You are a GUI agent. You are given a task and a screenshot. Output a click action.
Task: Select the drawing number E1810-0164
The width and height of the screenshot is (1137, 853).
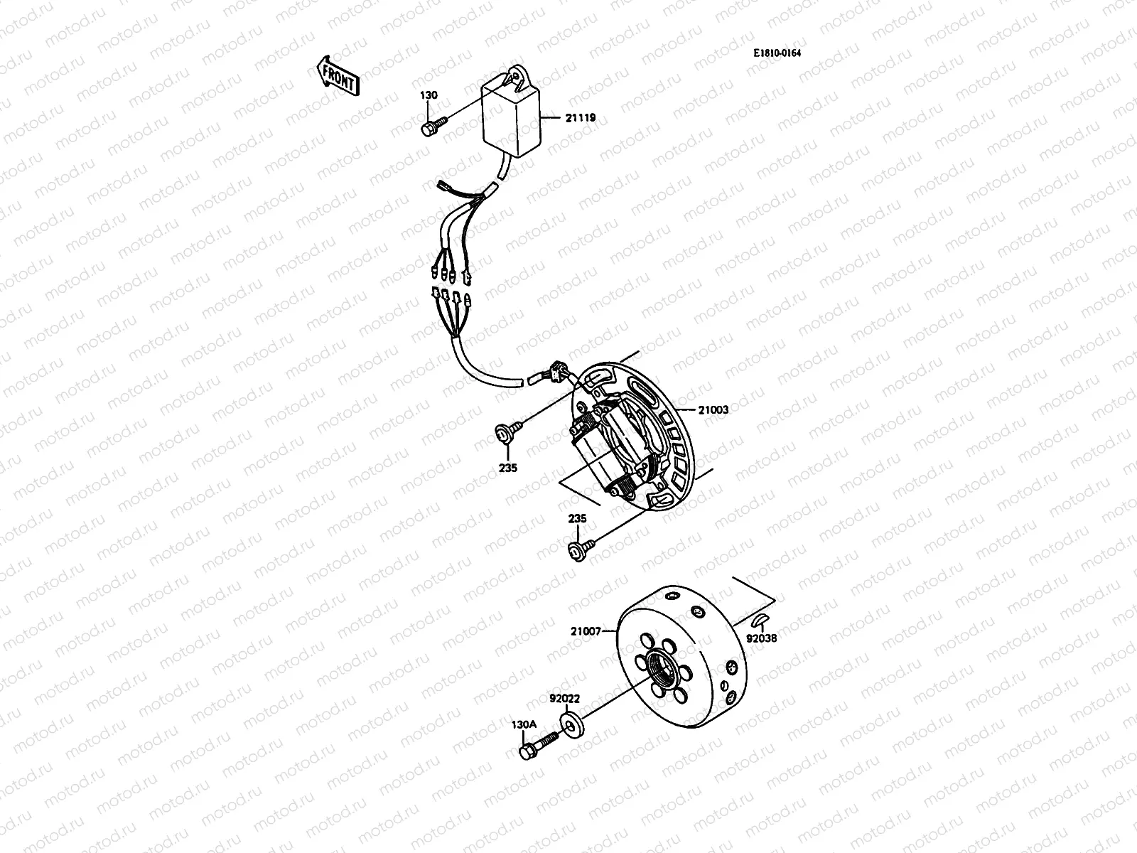click(x=782, y=53)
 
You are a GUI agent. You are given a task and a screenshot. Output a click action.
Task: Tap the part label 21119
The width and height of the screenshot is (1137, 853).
click(x=581, y=118)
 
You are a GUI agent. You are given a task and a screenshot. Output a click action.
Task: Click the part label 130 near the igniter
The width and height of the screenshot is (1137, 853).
click(x=429, y=95)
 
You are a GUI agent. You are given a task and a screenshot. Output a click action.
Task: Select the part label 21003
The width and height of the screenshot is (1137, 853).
click(x=713, y=409)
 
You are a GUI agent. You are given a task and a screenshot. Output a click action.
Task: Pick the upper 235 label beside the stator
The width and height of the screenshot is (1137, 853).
click(x=508, y=468)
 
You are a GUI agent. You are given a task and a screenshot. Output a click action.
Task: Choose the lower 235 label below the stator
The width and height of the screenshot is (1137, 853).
click(x=577, y=519)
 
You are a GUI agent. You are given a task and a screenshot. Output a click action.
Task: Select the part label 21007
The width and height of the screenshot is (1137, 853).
click(x=586, y=630)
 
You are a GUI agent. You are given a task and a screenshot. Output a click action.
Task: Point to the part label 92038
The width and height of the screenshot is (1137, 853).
click(x=763, y=638)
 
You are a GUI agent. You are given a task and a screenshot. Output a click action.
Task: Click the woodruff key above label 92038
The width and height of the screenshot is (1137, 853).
click(x=760, y=618)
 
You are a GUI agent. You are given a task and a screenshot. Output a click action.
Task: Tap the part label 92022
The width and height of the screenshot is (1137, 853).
click(x=564, y=699)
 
